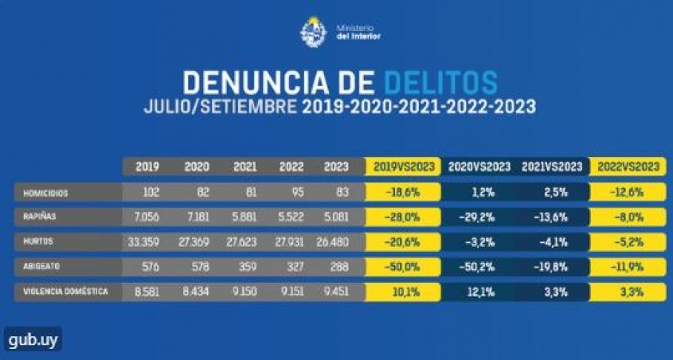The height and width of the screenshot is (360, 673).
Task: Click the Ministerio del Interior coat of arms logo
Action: tap(313, 33)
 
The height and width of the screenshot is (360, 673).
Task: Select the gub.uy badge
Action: tap(32, 339)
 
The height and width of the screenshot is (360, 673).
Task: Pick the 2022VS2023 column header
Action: tap(628, 166)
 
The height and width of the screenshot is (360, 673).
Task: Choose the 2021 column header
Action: tap(245, 166)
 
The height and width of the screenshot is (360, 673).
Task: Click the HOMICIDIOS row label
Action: tap(45, 193)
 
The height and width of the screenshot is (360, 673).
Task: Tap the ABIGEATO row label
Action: tap(41, 267)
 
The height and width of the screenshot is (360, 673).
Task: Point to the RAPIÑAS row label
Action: tap(40, 217)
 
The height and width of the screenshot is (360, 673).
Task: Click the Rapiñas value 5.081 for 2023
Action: tap(335, 217)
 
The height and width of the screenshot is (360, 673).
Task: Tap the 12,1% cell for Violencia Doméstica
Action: tap(479, 292)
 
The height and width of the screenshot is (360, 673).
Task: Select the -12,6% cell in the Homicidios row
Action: tap(628, 193)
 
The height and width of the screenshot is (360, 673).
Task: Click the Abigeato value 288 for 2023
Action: tap(339, 267)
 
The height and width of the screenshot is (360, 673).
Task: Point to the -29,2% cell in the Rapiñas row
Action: tap(479, 217)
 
